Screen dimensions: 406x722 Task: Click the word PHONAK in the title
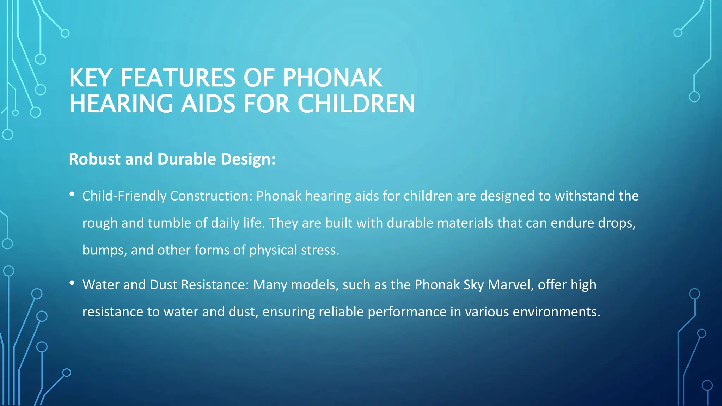click(x=332, y=78)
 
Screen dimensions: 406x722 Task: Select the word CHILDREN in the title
click(x=356, y=104)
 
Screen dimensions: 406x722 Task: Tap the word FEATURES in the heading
click(x=178, y=78)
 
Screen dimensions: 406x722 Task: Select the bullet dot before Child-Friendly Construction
click(x=72, y=194)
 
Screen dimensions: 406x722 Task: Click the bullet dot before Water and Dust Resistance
click(x=72, y=283)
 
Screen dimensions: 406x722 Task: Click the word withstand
click(x=584, y=196)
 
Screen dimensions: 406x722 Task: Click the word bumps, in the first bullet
click(x=104, y=250)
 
